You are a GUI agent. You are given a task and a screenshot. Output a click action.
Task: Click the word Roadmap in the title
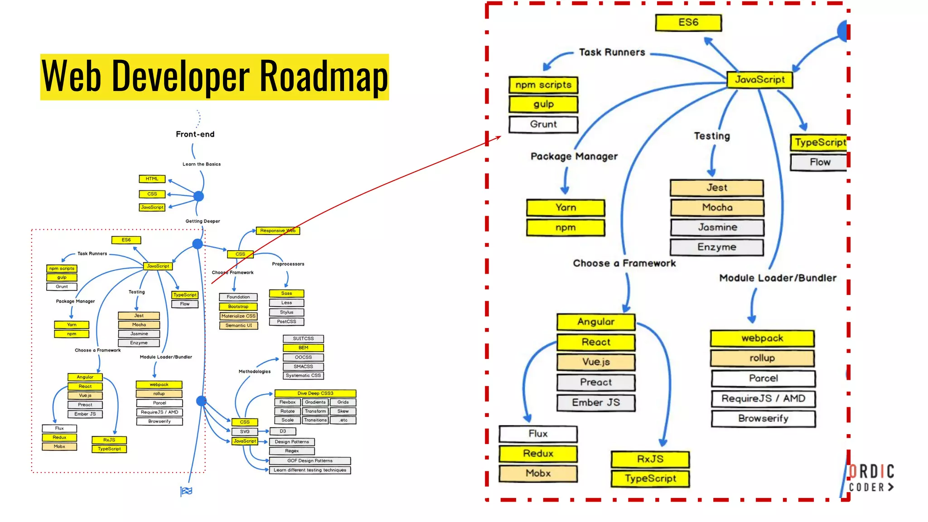pos(324,76)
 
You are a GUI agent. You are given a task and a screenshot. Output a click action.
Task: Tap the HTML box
pos(152,179)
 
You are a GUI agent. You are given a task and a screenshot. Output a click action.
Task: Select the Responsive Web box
pos(278,231)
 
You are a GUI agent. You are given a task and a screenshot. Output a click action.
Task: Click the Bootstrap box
pos(238,307)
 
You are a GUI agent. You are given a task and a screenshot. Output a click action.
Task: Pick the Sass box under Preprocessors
pos(286,294)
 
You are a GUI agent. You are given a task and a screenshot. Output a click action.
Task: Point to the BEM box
pos(303,348)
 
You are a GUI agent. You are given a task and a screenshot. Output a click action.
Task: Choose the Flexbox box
pos(287,402)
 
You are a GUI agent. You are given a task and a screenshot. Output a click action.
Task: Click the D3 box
pos(283,431)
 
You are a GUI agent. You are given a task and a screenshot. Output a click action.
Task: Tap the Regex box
pos(292,451)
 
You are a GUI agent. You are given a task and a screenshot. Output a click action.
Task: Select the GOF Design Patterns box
pos(310,461)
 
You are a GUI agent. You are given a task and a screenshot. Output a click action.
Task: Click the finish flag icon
pos(186,491)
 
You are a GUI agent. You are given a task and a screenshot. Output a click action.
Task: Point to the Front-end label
pos(195,134)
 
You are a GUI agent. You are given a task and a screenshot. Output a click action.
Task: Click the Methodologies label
pos(255,372)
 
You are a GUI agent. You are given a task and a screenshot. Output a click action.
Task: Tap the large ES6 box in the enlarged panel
pos(688,23)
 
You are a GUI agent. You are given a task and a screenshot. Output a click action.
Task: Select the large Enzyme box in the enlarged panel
pos(717,247)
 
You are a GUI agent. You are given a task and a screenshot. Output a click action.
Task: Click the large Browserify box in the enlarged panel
pos(764,419)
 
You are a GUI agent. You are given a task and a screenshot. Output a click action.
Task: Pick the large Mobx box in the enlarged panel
pos(538,474)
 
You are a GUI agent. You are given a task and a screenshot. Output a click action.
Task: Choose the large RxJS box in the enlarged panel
pos(650,459)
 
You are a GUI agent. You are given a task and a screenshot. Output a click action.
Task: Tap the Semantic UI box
pos(239,325)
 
